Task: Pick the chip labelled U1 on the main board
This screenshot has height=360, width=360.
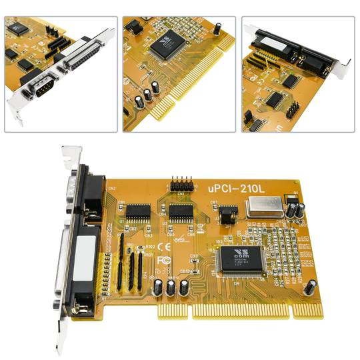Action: pyautogui.click(x=138, y=212)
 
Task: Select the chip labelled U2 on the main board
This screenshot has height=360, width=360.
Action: pyautogui.click(x=181, y=213)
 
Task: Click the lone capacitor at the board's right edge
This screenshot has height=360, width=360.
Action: pyautogui.click(x=309, y=288)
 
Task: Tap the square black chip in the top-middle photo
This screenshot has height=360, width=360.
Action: pyautogui.click(x=165, y=46)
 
